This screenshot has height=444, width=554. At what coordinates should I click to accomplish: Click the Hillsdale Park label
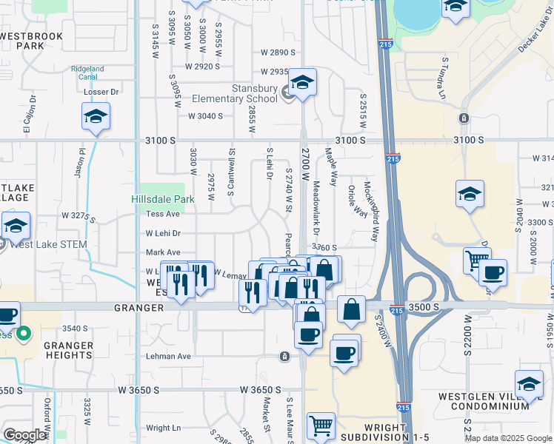pyautogui.click(x=162, y=199)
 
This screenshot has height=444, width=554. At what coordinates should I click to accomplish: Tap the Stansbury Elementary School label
pyautogui.click(x=244, y=94)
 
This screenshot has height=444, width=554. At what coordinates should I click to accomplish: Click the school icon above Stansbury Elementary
pyautogui.click(x=301, y=85)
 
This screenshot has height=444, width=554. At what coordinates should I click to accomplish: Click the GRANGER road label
pyautogui.click(x=138, y=306)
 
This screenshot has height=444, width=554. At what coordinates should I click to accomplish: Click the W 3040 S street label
pyautogui.click(x=205, y=116)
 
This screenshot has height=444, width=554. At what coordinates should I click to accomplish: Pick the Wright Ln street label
pyautogui.click(x=163, y=428)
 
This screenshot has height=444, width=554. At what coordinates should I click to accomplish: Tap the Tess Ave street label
pyautogui.click(x=163, y=214)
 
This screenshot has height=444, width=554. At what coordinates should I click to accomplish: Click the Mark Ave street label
pyautogui.click(x=163, y=252)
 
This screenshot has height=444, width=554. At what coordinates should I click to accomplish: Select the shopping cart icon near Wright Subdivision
pyautogui.click(x=321, y=425)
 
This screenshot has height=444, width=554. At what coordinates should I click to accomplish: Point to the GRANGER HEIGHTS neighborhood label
pyautogui.click(x=67, y=350)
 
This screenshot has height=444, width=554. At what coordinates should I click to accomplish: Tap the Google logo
pyautogui.click(x=24, y=436)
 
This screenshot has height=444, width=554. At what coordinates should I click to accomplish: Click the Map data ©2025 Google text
pyautogui.click(x=507, y=438)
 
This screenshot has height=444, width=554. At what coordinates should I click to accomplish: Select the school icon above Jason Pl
pyautogui.click(x=95, y=117)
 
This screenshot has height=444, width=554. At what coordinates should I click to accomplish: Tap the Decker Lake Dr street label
pyautogui.click(x=534, y=37)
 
